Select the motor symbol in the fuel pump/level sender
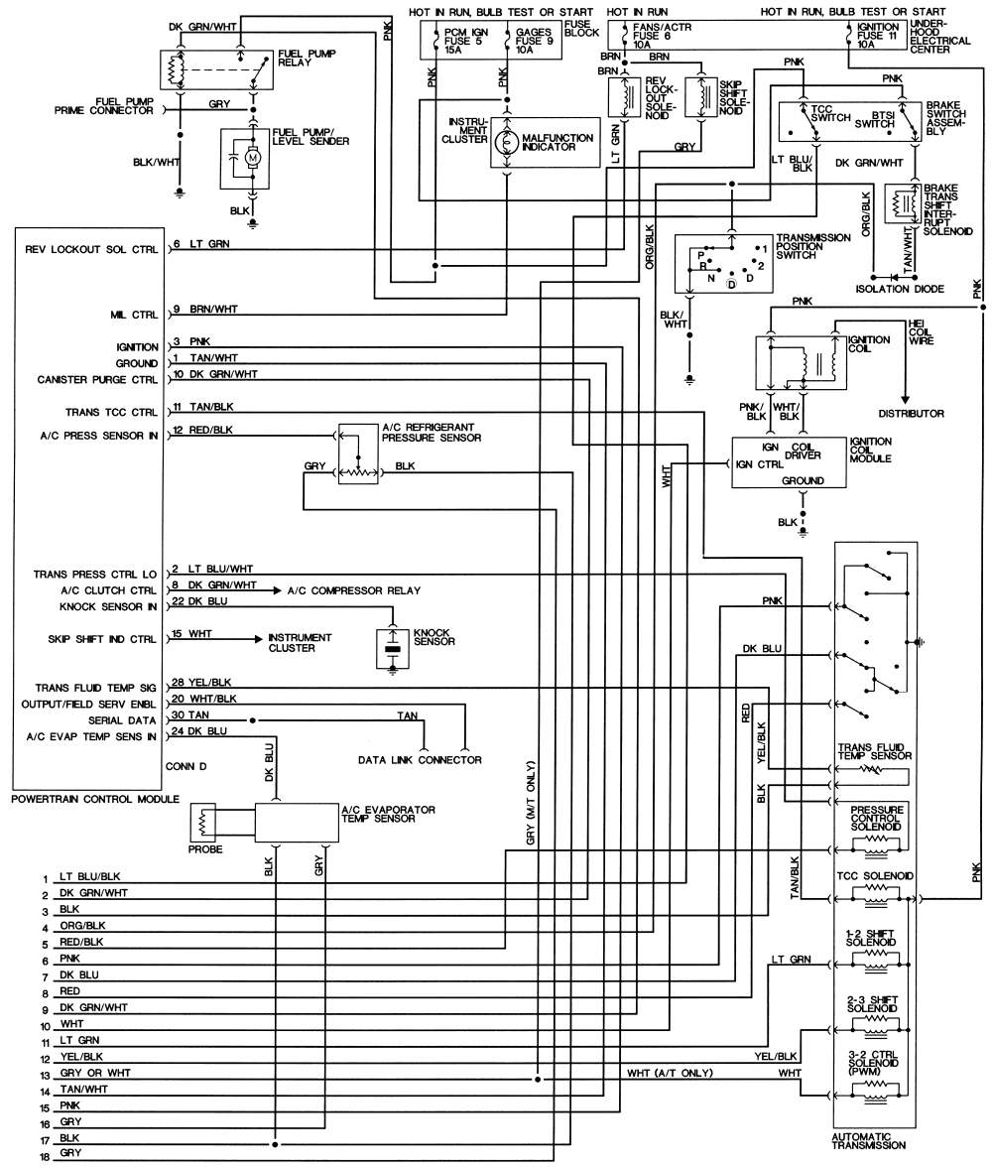[x=252, y=157]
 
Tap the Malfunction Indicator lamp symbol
[x=505, y=142]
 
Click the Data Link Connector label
[x=420, y=760]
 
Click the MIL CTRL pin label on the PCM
[x=137, y=316]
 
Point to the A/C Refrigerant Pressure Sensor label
[x=433, y=433]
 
